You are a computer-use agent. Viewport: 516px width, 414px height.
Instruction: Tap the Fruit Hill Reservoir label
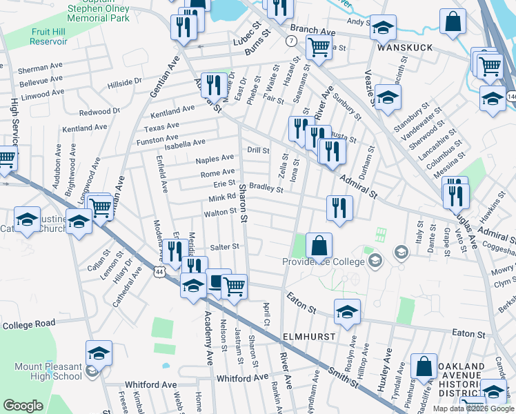48,37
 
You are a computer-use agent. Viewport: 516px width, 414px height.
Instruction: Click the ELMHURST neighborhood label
309,336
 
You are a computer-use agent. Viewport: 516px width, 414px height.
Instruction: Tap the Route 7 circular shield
292,41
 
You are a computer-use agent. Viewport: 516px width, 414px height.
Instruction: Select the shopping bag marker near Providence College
319,245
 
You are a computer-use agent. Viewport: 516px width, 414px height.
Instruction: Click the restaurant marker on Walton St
339,208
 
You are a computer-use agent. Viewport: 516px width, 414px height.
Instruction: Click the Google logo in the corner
23,405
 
